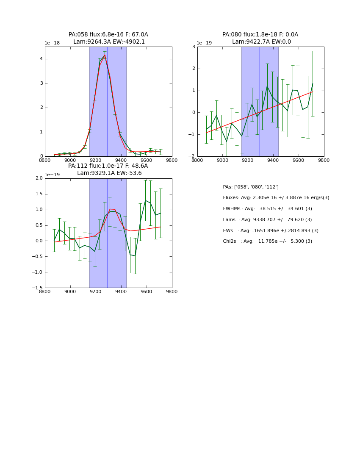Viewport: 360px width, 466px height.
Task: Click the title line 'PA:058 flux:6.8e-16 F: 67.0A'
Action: (108, 35)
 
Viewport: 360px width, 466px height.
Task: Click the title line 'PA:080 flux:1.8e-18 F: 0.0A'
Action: (260, 35)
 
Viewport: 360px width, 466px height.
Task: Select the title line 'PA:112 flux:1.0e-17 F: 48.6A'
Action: (108, 166)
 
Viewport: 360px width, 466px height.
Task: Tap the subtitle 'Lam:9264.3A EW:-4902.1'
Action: (109, 42)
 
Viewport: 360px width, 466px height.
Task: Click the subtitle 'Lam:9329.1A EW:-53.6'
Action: (109, 173)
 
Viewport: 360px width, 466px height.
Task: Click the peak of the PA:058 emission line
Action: (105, 55)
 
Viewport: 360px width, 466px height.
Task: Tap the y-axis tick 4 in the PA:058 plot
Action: (41, 59)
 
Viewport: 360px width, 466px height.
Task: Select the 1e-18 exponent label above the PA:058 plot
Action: (53, 43)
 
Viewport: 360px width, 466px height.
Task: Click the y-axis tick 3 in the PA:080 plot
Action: (194, 47)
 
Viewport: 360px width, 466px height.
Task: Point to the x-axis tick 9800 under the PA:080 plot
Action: (324, 161)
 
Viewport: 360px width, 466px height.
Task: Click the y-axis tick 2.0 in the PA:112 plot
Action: (39, 178)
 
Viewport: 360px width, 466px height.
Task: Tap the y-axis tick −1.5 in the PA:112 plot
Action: (38, 288)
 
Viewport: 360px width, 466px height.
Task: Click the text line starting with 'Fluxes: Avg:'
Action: (276, 198)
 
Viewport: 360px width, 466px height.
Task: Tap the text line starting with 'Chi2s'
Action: (267, 241)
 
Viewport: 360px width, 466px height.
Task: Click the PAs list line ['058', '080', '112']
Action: (251, 187)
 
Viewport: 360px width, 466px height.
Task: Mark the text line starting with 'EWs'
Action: (271, 230)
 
